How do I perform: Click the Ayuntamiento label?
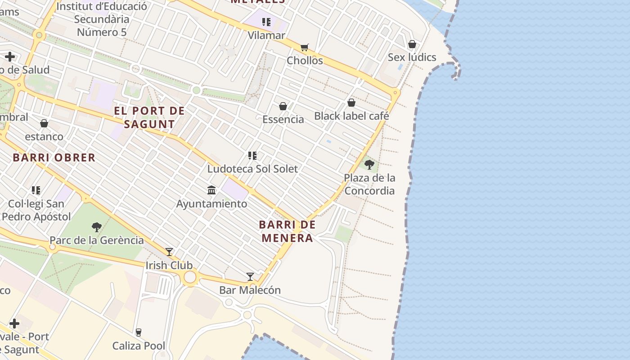point(211,204)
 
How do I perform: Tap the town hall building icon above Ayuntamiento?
point(211,190)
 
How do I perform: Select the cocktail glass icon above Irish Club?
point(169,252)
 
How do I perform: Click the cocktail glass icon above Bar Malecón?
point(250,277)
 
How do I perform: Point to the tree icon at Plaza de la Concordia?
point(369,165)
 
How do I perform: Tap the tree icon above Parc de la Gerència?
point(96,227)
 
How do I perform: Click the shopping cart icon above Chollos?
point(305,47)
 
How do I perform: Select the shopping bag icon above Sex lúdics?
point(412,44)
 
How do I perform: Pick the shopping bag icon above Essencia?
point(283,106)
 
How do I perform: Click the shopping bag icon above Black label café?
point(351,103)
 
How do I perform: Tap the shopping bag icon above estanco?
point(44,123)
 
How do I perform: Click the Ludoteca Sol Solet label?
point(252,169)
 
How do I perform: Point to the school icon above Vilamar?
point(266,22)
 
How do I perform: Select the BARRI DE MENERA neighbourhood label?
point(288,231)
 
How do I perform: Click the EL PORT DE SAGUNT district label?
point(149,117)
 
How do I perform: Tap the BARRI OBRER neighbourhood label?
point(54,157)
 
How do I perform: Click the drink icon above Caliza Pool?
point(139,333)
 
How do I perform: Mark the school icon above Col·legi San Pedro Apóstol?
point(36,190)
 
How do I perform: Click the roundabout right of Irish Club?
point(190,277)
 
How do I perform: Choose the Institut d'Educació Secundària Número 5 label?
point(102,19)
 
